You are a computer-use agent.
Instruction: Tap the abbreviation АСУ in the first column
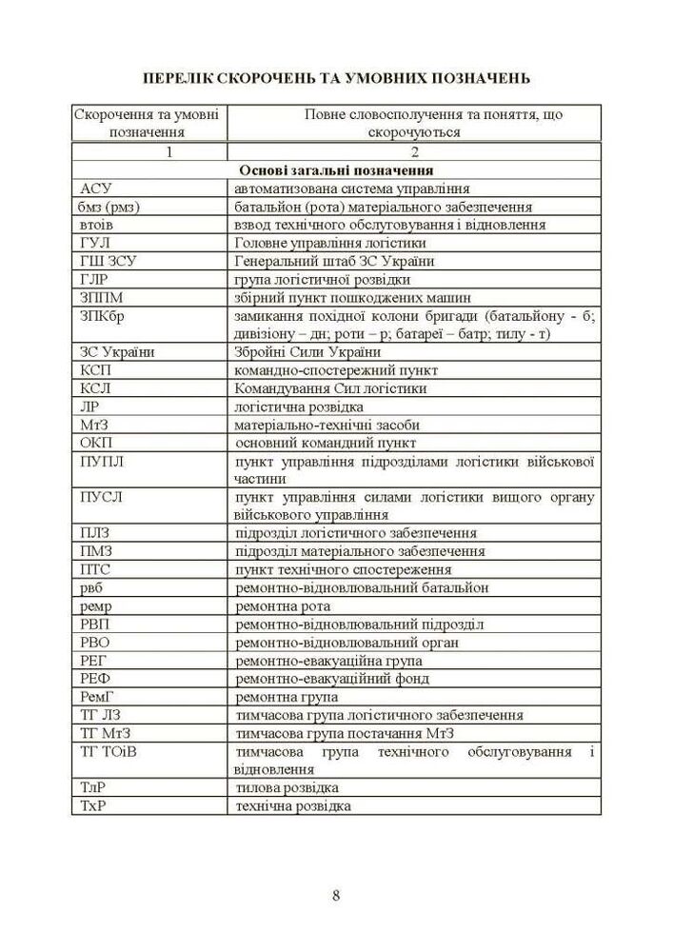coord(97,188)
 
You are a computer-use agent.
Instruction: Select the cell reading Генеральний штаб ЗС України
coord(333,262)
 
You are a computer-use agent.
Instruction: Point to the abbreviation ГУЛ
coord(96,244)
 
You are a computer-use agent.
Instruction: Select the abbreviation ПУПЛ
coord(102,461)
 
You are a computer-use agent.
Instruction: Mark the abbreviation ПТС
coord(97,569)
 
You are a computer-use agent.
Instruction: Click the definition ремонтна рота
coord(283,605)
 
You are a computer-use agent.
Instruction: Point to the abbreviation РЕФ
coord(97,679)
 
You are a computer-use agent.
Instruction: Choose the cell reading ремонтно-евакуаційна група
coord(328,661)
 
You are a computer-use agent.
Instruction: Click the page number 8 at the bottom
coord(337,894)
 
